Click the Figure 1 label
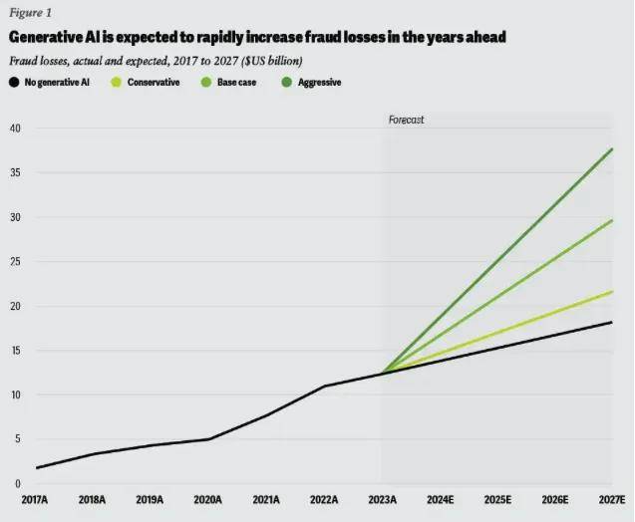coord(30,14)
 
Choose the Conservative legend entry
coord(154,83)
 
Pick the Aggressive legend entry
coord(318,83)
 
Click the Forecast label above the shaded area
coord(407,120)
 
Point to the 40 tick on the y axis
coord(15,129)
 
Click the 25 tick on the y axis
coord(15,262)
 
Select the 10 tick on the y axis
coord(15,395)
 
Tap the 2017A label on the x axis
coord(37,500)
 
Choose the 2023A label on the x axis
coord(382,500)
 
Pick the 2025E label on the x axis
coord(496,500)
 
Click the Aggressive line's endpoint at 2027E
coord(612,148)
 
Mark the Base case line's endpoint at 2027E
coord(612,220)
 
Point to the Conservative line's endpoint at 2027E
coord(612,291)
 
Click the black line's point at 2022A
coord(324,386)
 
